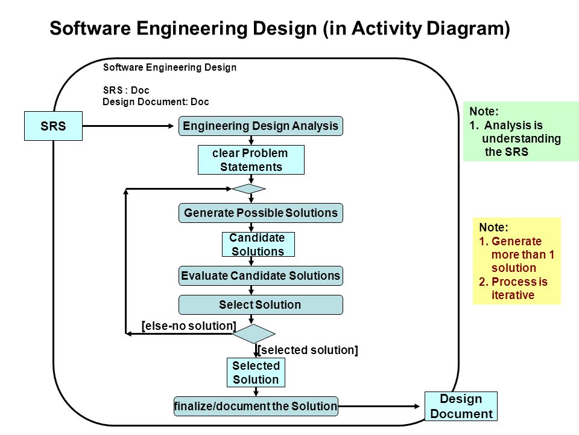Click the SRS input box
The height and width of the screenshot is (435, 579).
(53, 126)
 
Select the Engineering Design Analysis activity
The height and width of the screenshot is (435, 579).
(261, 126)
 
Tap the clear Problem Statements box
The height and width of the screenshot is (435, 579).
(251, 159)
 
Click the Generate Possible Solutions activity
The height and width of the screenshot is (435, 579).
(261, 213)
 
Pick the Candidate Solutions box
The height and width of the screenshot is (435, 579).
(258, 244)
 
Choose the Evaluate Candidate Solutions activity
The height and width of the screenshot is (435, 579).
(261, 276)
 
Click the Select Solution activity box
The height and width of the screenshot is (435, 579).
(261, 304)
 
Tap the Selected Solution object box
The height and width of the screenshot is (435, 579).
(256, 373)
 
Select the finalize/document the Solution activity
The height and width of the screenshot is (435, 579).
(256, 406)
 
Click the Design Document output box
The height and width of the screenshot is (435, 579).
(461, 406)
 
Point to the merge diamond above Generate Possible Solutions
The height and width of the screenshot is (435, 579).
(248, 189)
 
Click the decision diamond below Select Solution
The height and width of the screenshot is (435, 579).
(254, 333)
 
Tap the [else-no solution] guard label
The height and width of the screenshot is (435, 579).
(189, 326)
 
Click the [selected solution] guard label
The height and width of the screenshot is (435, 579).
(308, 350)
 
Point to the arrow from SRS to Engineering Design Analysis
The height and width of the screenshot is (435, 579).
(128, 126)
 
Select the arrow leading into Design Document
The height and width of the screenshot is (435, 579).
(379, 406)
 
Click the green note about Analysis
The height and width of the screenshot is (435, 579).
(521, 131)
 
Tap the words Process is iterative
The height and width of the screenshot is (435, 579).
(513, 288)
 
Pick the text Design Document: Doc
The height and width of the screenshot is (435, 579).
(156, 101)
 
